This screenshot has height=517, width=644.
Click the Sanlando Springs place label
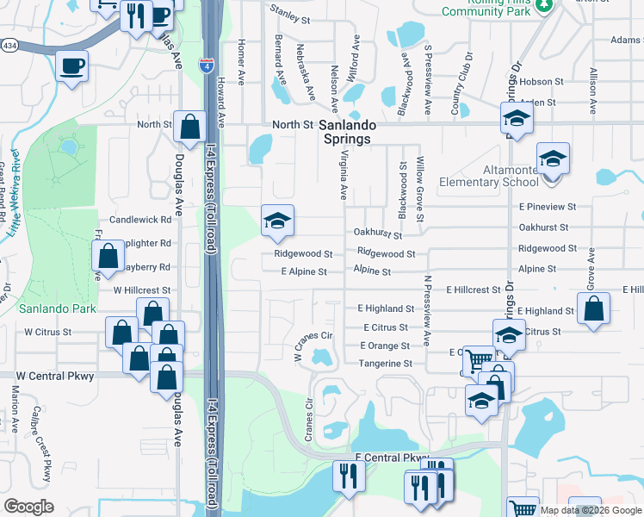tap(345, 132)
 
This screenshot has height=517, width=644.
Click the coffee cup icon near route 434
tap(72, 65)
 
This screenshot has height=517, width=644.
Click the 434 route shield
tap(7, 45)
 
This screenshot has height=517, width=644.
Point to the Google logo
tap(28, 507)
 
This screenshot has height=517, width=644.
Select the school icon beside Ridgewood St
tap(277, 221)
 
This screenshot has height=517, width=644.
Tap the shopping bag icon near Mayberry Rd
tap(108, 254)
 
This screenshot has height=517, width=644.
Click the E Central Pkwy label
tap(392, 458)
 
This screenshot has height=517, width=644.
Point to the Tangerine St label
tap(384, 364)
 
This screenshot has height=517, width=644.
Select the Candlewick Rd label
tap(140, 221)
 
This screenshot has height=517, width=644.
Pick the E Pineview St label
tap(547, 207)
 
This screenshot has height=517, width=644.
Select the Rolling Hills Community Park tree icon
tap(543, 6)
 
